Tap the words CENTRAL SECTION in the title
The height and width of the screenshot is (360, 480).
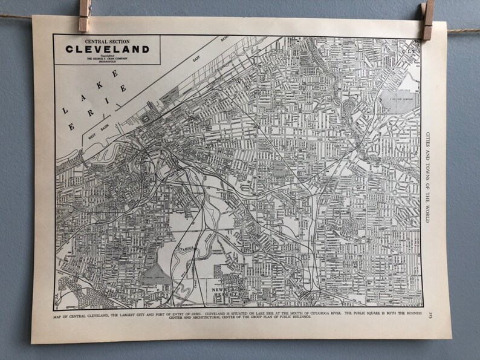pyautogui.click(x=106, y=41)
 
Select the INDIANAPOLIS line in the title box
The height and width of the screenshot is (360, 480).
pyautogui.click(x=106, y=62)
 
